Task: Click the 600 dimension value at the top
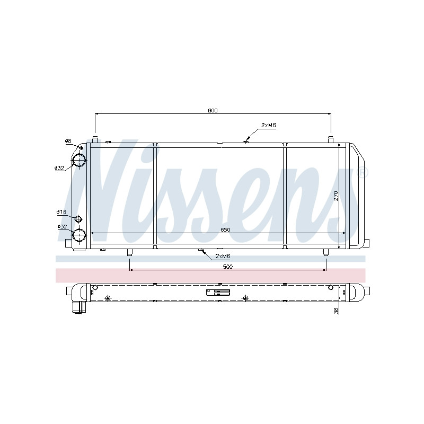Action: (213, 110)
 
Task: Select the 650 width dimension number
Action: (225, 229)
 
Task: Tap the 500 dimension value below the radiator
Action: (228, 267)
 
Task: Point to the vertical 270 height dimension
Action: (336, 196)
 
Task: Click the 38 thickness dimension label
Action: (336, 311)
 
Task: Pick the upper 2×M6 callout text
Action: (269, 125)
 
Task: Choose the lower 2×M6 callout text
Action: (223, 256)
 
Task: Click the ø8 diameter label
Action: (68, 141)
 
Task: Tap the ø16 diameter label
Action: (61, 211)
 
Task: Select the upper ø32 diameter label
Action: (59, 168)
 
